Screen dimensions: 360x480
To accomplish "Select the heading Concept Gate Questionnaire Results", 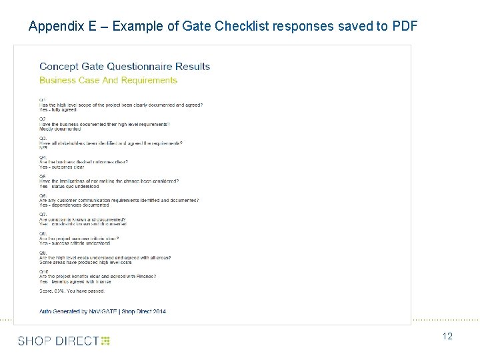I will point(125,67).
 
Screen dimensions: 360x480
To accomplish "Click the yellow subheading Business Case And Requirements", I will point(108,80).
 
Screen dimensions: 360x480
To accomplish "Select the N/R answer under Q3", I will point(43,148).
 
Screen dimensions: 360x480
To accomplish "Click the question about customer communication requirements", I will point(119,200).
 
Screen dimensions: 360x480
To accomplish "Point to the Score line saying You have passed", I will point(72,291).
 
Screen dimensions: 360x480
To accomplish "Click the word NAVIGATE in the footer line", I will point(121,311).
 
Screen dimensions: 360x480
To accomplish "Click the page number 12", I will point(447,337).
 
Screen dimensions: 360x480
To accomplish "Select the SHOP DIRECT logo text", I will point(58,341).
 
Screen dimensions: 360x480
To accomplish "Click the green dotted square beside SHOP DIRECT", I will point(105,341).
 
